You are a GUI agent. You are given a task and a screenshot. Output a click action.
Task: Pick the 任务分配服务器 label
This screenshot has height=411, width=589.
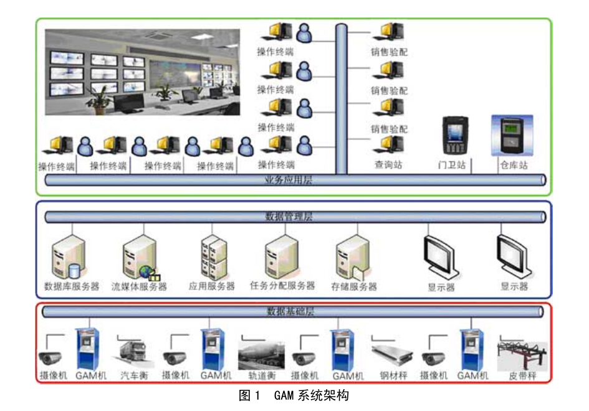[282, 286]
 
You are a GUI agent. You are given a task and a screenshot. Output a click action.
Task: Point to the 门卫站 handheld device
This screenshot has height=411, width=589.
[454, 135]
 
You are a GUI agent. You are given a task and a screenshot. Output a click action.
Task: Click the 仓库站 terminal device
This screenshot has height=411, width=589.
[512, 135]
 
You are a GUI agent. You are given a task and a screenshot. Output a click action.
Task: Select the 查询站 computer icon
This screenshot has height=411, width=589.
[388, 144]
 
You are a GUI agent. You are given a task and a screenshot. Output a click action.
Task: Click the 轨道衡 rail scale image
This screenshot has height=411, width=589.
[261, 356]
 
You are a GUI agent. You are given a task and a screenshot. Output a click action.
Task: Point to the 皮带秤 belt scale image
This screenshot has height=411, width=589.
[522, 356]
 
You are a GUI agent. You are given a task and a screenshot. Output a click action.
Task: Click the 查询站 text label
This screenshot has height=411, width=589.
[388, 165]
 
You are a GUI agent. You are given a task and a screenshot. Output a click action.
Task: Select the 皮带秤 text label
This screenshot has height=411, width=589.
[522, 376]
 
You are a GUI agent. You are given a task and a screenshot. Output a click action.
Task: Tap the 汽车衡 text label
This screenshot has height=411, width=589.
[133, 376]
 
